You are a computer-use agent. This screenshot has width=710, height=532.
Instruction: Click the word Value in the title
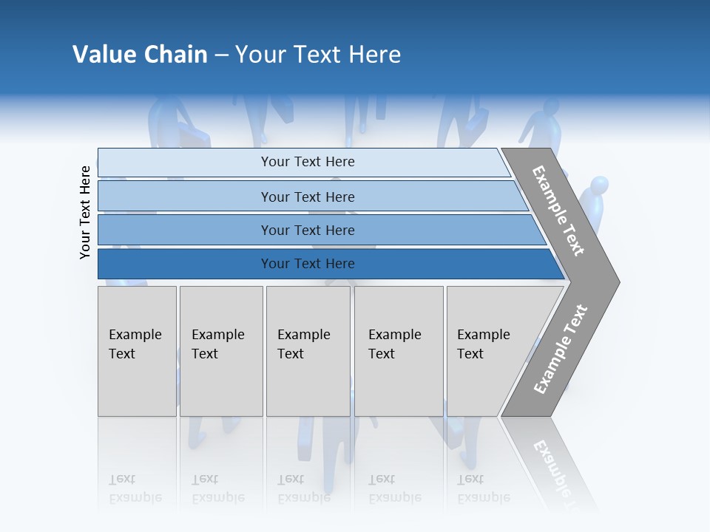103,55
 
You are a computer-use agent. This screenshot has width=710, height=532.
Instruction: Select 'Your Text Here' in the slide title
318,55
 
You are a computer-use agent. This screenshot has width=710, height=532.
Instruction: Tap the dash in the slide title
221,55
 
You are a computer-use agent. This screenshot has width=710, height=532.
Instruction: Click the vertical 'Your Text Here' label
85,212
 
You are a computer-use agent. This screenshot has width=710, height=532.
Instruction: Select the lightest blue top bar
307,162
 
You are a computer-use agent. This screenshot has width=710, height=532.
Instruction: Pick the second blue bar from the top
307,197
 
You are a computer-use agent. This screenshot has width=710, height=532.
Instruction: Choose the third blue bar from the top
307,230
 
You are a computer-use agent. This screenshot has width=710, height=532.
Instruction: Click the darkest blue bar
307,264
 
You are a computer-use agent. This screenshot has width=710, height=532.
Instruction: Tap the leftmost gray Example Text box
137,350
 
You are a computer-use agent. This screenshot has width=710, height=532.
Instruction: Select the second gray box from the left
221,350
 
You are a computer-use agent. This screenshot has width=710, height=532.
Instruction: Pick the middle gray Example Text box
308,350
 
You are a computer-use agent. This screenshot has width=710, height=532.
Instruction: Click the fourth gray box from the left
399,350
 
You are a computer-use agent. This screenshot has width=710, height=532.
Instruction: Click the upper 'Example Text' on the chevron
558,211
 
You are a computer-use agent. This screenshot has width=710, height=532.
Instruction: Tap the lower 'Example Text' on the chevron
561,349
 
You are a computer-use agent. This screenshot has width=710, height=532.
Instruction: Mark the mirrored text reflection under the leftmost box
135,488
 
